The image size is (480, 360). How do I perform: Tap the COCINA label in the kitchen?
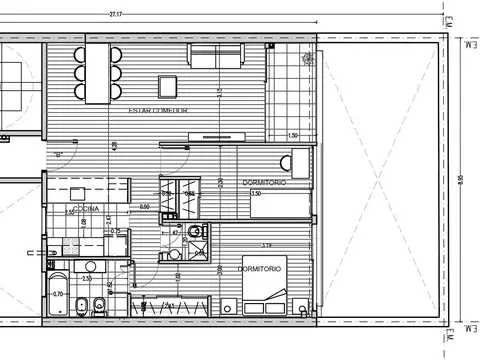pyautogui.click(x=83, y=207)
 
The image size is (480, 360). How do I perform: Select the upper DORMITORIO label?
pyautogui.click(x=264, y=183)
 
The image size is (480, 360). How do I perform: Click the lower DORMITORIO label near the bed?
pyautogui.click(x=260, y=270)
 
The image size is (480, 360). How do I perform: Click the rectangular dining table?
pyautogui.click(x=98, y=72)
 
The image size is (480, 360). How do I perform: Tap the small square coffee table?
pyautogui.click(x=166, y=84)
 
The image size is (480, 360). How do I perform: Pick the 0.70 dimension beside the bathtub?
pyautogui.click(x=58, y=294)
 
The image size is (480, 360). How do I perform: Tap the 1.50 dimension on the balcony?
pyautogui.click(x=292, y=134)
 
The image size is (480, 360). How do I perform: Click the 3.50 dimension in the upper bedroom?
pyautogui.click(x=255, y=194)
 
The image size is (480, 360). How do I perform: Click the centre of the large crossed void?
pyautogui.click(x=378, y=180)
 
